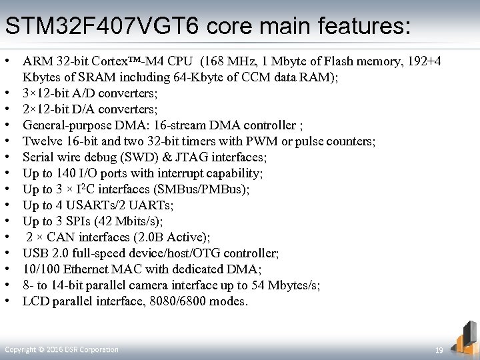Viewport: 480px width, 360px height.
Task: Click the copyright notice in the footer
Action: point(61,349)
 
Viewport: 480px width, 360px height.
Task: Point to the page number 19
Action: point(439,350)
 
